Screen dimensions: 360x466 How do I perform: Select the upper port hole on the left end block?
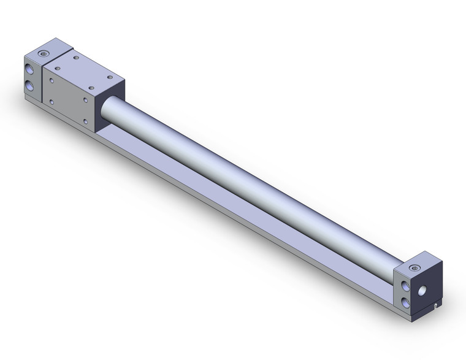(30, 67)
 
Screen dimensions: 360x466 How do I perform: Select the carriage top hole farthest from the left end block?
(110, 77)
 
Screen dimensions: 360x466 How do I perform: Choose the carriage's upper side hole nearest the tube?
(85, 98)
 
